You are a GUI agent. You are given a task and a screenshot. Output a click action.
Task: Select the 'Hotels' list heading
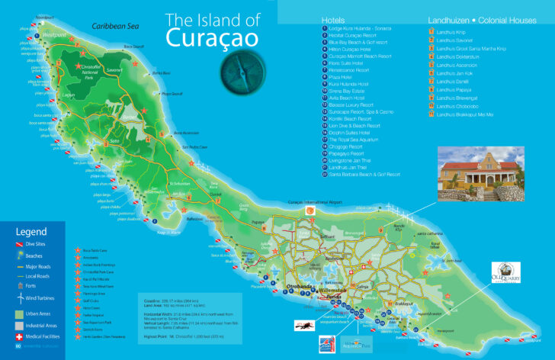[333, 19]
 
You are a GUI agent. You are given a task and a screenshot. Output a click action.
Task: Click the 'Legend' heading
[31, 231]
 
